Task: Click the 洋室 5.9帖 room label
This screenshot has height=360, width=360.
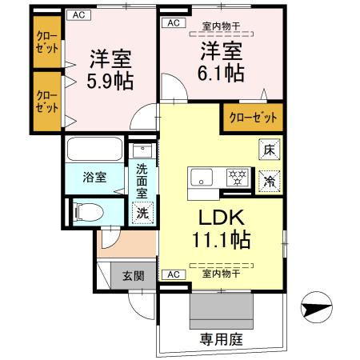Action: pos(110,70)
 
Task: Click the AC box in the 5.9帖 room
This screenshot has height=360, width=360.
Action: pos(78,14)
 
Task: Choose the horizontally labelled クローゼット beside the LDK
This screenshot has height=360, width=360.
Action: pos(253,118)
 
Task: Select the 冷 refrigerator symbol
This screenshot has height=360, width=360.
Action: pos(270,181)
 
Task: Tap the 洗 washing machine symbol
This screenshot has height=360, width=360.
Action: pos(142,214)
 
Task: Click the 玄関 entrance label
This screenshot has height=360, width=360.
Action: pos(133,276)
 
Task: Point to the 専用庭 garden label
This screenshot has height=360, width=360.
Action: pos(222,339)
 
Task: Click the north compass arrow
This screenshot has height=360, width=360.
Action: pos(316,307)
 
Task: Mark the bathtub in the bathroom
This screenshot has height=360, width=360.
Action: pos(94,150)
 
